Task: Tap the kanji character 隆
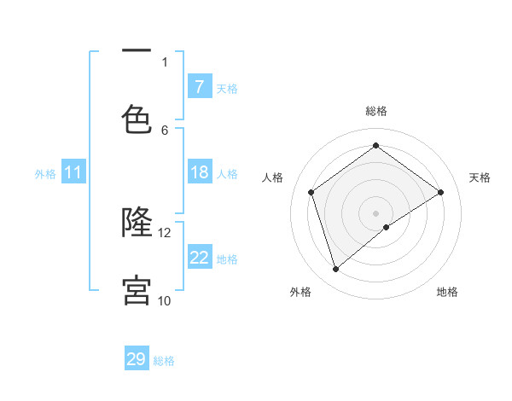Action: [137, 222]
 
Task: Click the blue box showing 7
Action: [199, 87]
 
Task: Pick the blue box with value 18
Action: [199, 173]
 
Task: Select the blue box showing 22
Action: [199, 258]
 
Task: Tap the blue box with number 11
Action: [73, 173]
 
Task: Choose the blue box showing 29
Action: [137, 359]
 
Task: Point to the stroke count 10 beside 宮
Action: [165, 300]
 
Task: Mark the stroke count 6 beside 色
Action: [165, 130]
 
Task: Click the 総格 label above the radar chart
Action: [375, 111]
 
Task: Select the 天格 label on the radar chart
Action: [480, 177]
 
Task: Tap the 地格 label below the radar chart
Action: [447, 292]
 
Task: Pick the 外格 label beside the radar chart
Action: [300, 292]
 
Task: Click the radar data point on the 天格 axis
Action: [440, 192]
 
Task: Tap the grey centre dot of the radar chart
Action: [375, 212]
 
